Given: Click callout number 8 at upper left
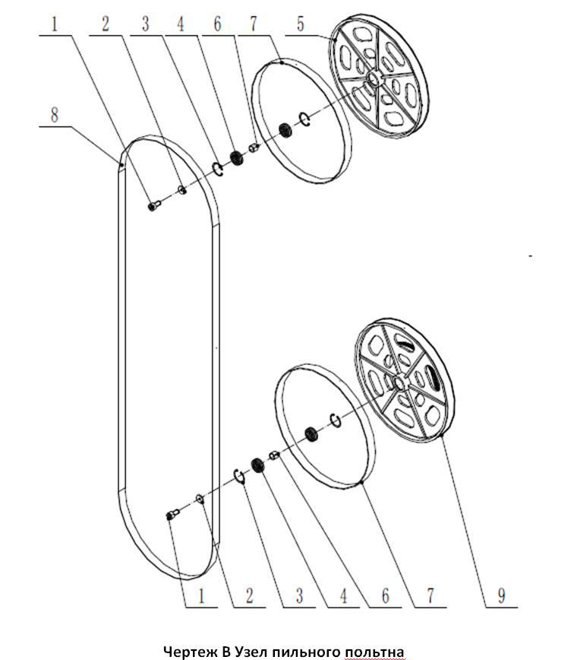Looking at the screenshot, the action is click(54, 115).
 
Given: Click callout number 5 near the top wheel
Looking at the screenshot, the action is click(300, 24).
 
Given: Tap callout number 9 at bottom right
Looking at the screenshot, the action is click(501, 595).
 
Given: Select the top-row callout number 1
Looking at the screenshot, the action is click(54, 24).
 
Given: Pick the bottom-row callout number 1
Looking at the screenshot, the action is click(201, 595).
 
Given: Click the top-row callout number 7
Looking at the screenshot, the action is click(253, 24).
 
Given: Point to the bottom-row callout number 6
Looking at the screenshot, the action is click(386, 595).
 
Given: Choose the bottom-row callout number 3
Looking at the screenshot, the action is click(299, 595).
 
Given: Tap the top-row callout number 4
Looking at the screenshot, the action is click(180, 24).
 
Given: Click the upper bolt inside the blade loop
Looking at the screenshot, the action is click(153, 205).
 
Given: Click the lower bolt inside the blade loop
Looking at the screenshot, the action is click(172, 514).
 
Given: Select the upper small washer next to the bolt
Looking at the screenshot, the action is click(182, 190).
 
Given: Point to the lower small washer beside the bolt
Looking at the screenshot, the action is click(200, 500).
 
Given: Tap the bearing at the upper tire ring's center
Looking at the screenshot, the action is click(286, 129).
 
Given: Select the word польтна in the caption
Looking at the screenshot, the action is click(375, 652).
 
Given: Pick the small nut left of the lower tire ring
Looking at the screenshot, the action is click(273, 455).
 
